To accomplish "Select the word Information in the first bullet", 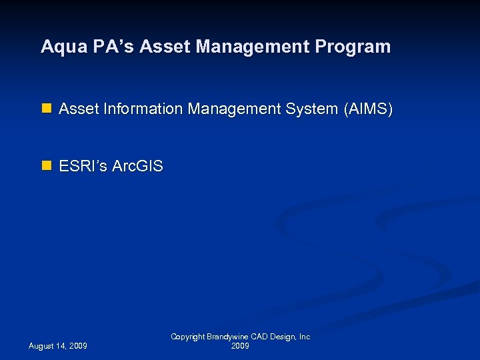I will pos(141,109).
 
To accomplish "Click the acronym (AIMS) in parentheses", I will pos(368,109).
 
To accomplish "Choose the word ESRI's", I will pos(83,166).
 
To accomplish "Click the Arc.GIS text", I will pos(137,166).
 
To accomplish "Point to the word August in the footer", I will pos(43,347).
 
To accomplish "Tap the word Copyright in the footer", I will pos(188,337).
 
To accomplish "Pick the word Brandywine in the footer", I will pos(229,337).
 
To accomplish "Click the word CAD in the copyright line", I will pos(261,337).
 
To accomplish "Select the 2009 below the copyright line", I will pos(240,347).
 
